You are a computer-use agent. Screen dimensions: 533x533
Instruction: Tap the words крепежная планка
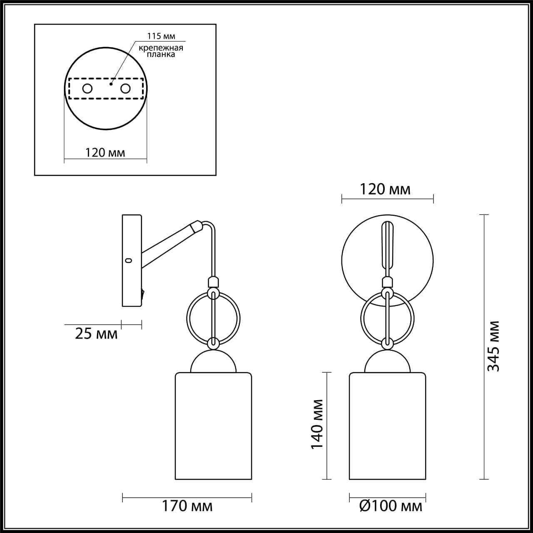[x=161, y=51]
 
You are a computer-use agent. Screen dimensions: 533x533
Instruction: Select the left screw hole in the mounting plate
[x=87, y=88]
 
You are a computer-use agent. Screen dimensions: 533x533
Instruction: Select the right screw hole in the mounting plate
[x=125, y=88]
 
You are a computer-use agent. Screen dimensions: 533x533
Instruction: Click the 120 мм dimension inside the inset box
[x=105, y=152]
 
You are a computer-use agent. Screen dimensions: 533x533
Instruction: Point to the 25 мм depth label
[x=96, y=333]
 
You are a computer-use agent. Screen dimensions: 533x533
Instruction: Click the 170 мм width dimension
[x=187, y=506]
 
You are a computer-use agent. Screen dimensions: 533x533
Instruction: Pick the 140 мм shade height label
[x=317, y=424]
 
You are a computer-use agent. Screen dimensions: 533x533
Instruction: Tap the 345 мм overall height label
[x=493, y=346]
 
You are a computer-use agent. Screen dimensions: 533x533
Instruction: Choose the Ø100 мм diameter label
[x=390, y=506]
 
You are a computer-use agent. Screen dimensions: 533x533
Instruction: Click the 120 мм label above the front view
[x=385, y=189]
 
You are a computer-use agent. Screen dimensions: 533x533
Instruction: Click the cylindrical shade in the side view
[x=213, y=426]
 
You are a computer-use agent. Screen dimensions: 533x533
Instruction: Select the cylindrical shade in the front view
[x=387, y=426]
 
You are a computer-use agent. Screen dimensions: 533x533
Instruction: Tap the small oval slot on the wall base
[x=128, y=261]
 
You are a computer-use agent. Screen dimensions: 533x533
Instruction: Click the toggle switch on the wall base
[x=143, y=294]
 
